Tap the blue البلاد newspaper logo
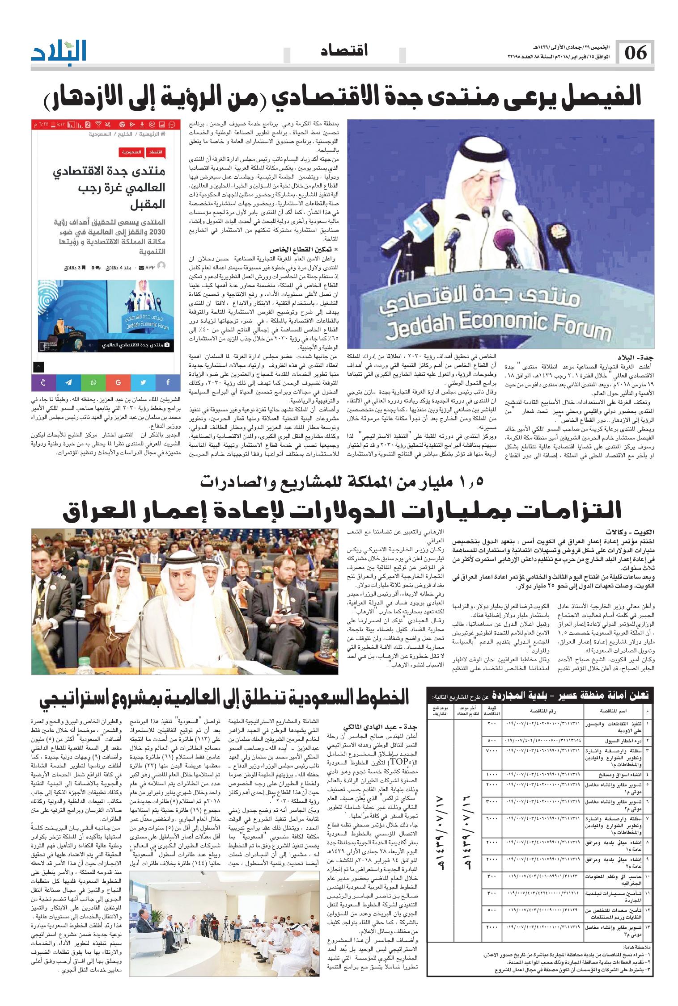pyautogui.click(x=59, y=52)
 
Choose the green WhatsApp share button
pyautogui.click(x=93, y=382)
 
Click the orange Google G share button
pyautogui.click(x=119, y=382)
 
